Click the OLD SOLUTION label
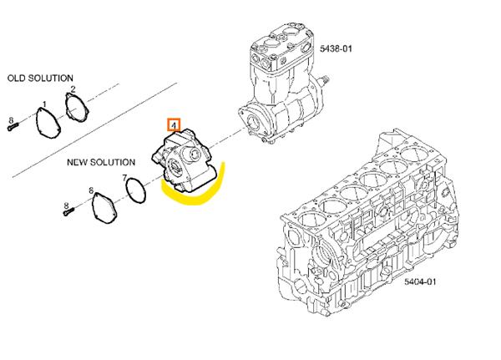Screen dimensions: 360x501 tap(40, 78)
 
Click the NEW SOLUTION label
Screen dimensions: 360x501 tap(101, 162)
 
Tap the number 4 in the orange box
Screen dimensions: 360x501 tap(174, 125)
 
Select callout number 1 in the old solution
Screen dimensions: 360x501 tap(43, 104)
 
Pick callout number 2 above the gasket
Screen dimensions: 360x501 tap(73, 90)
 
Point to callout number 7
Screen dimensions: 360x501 tap(125, 178)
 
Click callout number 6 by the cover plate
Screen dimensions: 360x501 tap(91, 191)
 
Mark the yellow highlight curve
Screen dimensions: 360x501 tap(192, 195)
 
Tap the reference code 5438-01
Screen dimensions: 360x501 tap(336, 49)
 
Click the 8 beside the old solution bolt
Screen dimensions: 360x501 tap(10, 121)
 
